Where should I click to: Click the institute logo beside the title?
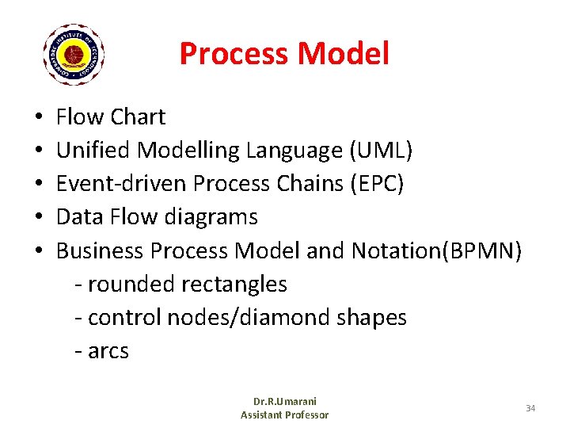[73, 54]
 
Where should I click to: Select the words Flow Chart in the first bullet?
[111, 117]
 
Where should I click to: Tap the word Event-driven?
[122, 184]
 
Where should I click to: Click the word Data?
[78, 217]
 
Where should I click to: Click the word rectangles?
[234, 284]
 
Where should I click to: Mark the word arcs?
[108, 350]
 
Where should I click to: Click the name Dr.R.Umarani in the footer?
[284, 401]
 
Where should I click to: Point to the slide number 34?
[530, 407]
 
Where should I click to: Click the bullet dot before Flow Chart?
[39, 118]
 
